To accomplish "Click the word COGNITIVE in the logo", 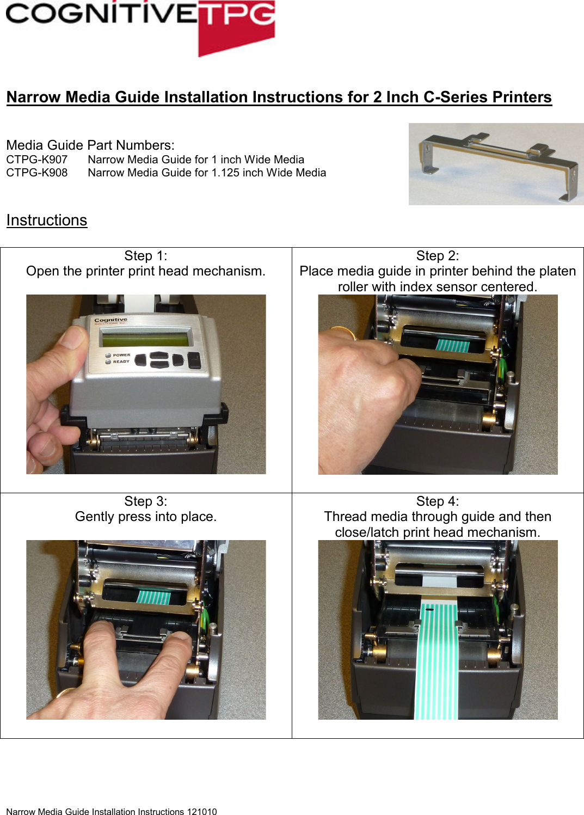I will pyautogui.click(x=101, y=13).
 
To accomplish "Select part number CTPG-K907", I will pyautogui.click(x=37, y=160).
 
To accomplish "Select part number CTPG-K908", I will pyautogui.click(x=37, y=173).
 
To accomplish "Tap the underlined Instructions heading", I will pyautogui.click(x=47, y=220).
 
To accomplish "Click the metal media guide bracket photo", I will pyautogui.click(x=496, y=164).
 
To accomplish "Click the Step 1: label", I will pyautogui.click(x=146, y=256).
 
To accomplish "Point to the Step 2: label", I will pyautogui.click(x=438, y=256).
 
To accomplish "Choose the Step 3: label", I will pyautogui.click(x=146, y=501).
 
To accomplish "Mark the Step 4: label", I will pyautogui.click(x=438, y=501).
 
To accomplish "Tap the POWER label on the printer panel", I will pyautogui.click(x=121, y=355).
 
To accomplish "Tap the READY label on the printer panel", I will pyautogui.click(x=121, y=361).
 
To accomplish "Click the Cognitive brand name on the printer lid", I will pyautogui.click(x=110, y=320).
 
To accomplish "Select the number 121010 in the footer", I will pyautogui.click(x=201, y=812).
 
